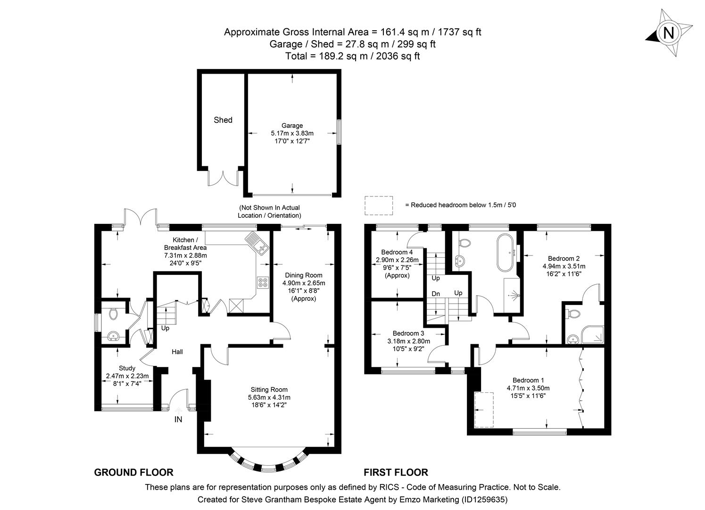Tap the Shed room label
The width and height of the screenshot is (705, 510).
[223, 120]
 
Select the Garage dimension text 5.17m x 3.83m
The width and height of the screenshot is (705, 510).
[292, 133]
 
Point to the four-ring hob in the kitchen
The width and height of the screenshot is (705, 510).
[262, 282]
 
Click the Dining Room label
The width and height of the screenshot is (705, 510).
[304, 275]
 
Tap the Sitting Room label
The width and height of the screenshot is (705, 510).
[269, 390]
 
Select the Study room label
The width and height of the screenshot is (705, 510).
[127, 368]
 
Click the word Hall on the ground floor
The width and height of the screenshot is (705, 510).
[177, 352]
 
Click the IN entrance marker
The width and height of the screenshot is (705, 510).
[178, 419]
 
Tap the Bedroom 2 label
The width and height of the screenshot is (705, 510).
[564, 258]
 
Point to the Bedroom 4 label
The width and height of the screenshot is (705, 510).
[397, 252]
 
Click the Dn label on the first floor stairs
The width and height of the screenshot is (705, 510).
[436, 294]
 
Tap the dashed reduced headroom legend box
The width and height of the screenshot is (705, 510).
[379, 205]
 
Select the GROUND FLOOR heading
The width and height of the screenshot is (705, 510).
[134, 472]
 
